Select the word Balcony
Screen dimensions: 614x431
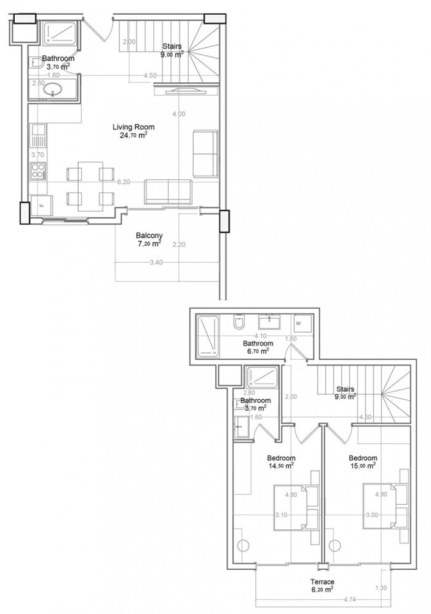(148, 235)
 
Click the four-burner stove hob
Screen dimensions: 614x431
(39, 169)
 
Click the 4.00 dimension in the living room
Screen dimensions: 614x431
(179, 114)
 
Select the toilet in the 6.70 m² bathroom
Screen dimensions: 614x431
(239, 324)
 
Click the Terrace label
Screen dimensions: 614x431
(322, 581)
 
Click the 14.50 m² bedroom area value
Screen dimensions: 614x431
(280, 465)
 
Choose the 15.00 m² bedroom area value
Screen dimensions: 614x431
(362, 465)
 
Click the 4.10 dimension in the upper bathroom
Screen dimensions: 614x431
(259, 336)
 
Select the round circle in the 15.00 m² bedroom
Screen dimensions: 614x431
(335, 545)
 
